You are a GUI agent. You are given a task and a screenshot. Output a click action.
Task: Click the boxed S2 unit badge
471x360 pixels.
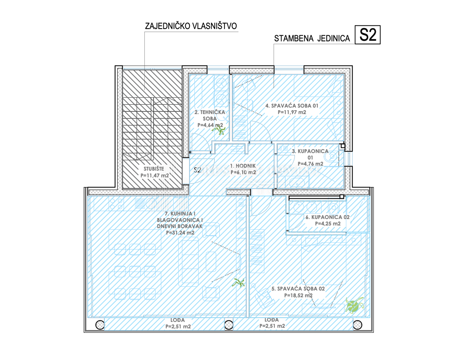tap(367, 35)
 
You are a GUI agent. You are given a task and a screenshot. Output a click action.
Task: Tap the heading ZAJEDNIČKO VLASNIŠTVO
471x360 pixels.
tap(191, 26)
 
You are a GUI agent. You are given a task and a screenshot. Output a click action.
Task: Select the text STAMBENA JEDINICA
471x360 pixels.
tap(312, 38)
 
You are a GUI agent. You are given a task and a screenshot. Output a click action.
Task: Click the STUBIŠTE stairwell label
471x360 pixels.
tap(154, 169)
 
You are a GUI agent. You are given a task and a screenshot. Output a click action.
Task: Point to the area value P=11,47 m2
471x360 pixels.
tap(155, 175)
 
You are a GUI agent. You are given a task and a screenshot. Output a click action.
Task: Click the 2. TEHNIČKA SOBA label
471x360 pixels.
tap(210, 115)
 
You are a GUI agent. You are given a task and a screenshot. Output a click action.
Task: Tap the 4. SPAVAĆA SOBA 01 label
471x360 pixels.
tap(292, 105)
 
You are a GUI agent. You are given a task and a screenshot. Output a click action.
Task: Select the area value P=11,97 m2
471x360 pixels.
tap(292, 112)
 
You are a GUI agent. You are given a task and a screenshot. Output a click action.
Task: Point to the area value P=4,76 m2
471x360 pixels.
tap(310, 164)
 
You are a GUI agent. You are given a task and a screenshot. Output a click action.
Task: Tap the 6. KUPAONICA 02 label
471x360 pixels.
tap(327, 217)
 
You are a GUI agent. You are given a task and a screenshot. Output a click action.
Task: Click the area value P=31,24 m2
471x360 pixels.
tap(180, 233)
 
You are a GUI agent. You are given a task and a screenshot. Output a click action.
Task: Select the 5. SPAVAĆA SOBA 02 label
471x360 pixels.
tap(298, 289)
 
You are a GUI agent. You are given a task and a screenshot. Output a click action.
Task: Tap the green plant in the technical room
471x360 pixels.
tap(219, 130)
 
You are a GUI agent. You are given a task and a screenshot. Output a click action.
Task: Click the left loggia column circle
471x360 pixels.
tap(100, 325)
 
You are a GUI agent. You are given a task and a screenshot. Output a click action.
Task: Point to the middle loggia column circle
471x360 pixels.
tap(228, 325)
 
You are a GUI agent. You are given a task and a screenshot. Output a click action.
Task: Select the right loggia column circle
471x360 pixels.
tap(357, 325)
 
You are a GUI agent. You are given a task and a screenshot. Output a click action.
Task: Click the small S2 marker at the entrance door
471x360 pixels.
tap(197, 170)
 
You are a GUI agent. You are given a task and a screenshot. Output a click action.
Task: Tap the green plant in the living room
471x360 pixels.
tap(238, 283)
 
